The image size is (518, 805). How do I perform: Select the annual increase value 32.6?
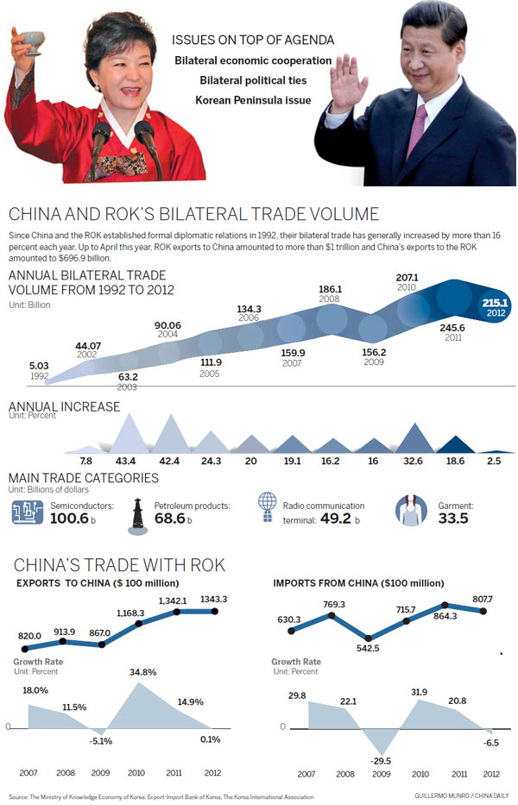click(414, 462)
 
